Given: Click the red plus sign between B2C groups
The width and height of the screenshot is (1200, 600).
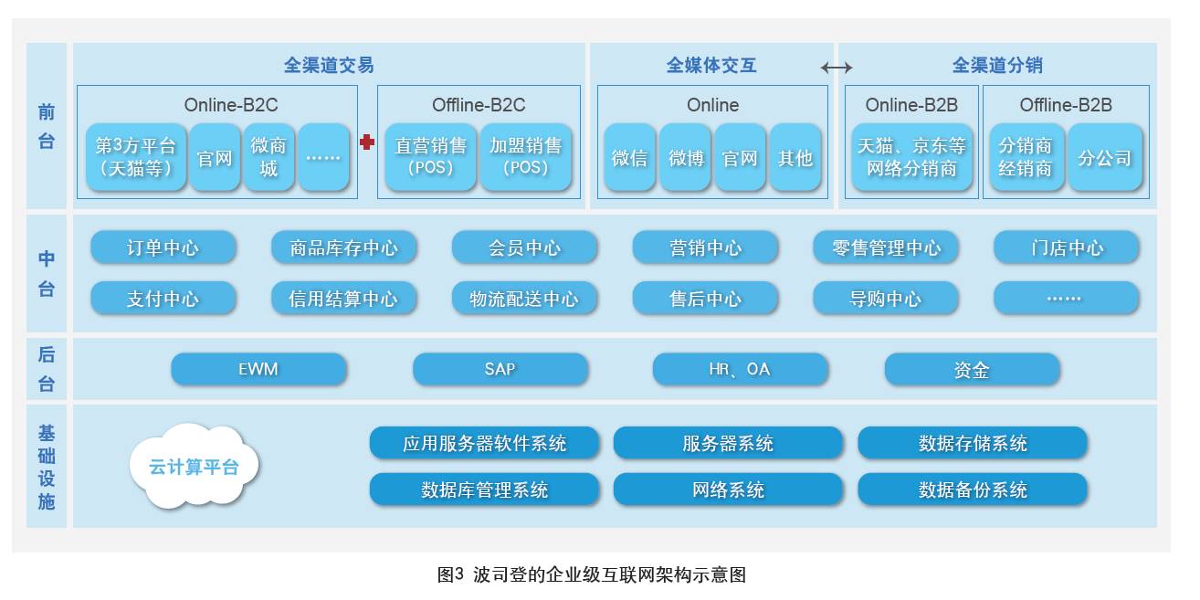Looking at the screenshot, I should pos(367,142).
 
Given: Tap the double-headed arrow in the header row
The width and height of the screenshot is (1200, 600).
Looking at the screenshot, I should pos(836,67).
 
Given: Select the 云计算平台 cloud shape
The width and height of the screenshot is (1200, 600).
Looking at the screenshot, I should pos(195,466).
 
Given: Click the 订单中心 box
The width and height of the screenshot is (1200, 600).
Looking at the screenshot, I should pos(163,247).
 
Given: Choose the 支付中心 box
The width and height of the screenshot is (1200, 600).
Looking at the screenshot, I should pos(163,298).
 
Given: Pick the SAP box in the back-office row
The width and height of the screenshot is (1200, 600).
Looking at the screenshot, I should pos(500,369).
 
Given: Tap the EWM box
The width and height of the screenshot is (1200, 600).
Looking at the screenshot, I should pos(258,369).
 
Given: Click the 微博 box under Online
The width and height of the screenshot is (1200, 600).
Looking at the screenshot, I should pos(686,157).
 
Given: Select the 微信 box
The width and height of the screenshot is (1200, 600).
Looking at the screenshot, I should pos(629,157).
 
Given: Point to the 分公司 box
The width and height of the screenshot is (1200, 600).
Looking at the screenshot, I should pos(1105,157).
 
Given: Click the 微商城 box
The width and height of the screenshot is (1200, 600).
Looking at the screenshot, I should pos(268,157).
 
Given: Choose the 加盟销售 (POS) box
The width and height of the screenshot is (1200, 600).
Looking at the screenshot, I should pos(526,157).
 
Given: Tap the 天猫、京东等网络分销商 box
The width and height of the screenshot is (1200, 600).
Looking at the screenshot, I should pos(911,157).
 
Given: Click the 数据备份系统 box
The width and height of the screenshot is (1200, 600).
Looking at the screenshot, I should pos(973,489).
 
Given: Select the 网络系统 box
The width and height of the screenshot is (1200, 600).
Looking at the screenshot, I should pos(728,489).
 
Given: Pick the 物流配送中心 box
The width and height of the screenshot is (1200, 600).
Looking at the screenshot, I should pos(524,298).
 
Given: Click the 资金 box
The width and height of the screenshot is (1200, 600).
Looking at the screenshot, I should pos(972,369).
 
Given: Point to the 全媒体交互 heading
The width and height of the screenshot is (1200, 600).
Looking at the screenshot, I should pos(711,66).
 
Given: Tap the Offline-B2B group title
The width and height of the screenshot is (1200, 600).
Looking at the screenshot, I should pos(1066,105).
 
